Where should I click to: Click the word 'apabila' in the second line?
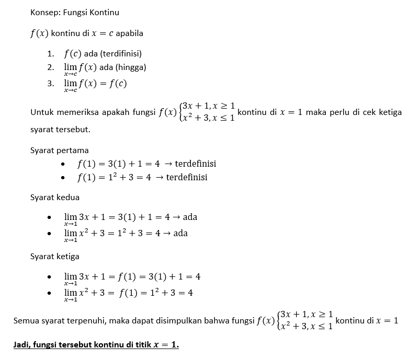130,33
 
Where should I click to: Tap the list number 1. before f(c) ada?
50,53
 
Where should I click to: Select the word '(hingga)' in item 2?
130,67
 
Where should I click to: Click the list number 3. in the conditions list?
50,83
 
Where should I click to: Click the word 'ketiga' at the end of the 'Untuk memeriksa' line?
390,112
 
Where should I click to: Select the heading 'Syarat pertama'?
59,150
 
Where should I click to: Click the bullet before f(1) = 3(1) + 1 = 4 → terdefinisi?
63,165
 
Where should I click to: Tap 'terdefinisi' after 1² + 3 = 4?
187,178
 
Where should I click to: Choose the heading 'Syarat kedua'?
55,198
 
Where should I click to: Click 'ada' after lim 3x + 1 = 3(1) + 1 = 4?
190,217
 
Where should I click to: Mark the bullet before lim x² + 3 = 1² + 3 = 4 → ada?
49,234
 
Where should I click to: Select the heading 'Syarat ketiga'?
55,257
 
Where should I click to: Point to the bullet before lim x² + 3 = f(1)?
49,294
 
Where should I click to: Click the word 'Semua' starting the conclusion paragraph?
26,321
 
